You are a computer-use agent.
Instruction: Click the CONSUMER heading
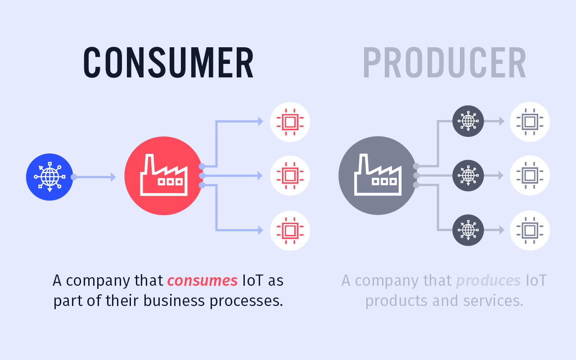click(x=169, y=63)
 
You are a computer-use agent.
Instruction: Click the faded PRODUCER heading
click(x=444, y=63)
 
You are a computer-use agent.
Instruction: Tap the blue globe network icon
click(x=49, y=177)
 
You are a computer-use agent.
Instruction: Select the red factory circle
click(x=164, y=175)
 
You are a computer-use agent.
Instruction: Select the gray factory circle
click(x=378, y=175)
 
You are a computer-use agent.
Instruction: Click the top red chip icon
click(x=290, y=122)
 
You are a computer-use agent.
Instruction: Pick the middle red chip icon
click(x=290, y=175)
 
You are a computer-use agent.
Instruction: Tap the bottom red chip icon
click(x=290, y=230)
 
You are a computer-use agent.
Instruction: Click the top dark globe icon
click(x=468, y=121)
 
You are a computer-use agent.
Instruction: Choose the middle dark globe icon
click(x=468, y=175)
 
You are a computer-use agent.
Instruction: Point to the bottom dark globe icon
click(x=468, y=230)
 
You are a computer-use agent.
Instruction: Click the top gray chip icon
click(x=530, y=122)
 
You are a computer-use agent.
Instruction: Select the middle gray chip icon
click(x=530, y=175)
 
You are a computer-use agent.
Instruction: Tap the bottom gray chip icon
click(x=530, y=230)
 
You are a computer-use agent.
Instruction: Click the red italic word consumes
click(x=202, y=281)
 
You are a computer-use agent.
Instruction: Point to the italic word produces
click(x=488, y=281)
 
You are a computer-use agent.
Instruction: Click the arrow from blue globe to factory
click(x=95, y=177)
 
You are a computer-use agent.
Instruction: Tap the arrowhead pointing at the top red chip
click(x=260, y=121)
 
